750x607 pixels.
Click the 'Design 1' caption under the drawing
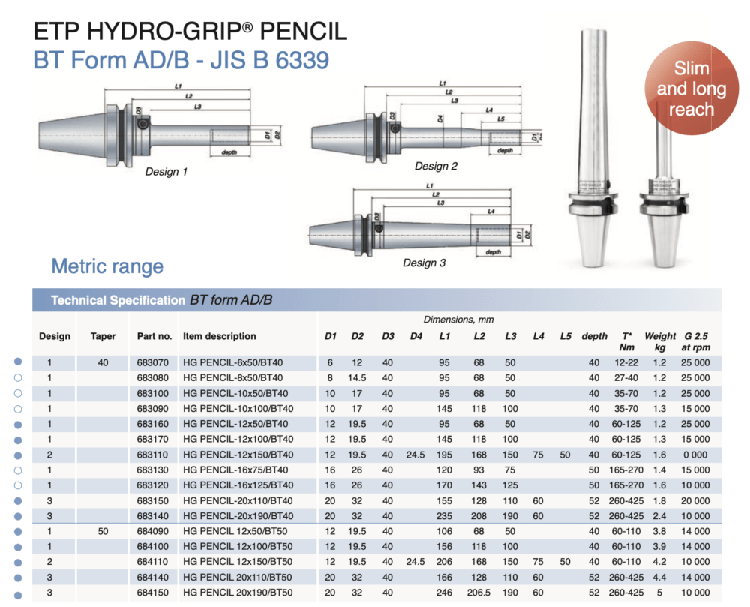166,172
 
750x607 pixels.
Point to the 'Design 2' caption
436,166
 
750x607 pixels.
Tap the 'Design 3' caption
424,263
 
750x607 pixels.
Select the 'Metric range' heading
107,266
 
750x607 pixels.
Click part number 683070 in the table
154,362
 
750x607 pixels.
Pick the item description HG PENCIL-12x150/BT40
238,455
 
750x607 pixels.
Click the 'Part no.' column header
154,336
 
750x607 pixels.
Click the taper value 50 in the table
103,531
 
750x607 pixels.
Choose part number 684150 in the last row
154,593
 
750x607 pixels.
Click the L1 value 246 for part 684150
445,593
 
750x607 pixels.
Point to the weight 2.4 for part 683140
659,516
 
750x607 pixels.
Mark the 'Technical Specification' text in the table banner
118,300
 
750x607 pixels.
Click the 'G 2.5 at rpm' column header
697,341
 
